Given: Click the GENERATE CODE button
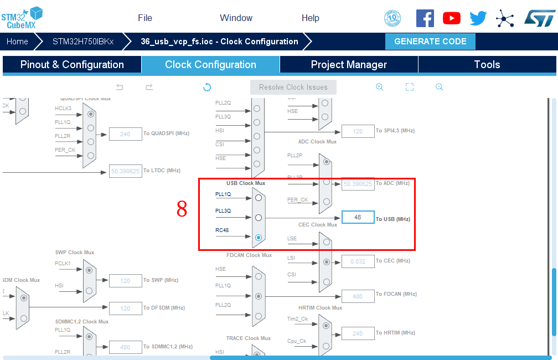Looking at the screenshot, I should click(x=430, y=42).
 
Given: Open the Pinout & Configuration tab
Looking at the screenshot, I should click(x=72, y=65).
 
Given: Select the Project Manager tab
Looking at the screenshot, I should click(x=349, y=65).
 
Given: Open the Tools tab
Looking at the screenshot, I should click(x=487, y=65).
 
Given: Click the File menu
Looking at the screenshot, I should click(x=145, y=18).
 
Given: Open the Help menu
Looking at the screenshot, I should click(x=310, y=18).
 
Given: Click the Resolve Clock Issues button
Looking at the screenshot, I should click(x=293, y=87).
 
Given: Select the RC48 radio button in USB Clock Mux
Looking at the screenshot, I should click(x=259, y=238).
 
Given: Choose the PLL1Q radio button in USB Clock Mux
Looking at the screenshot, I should click(x=259, y=198).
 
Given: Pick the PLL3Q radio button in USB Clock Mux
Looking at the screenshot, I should click(x=259, y=218).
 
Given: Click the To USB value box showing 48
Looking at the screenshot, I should click(x=358, y=217).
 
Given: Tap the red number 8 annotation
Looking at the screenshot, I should click(x=182, y=209).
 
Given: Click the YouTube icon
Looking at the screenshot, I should click(x=452, y=18).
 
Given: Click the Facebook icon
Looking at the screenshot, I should click(x=425, y=18).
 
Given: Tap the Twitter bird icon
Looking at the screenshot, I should click(x=478, y=18).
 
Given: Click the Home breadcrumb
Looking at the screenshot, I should click(x=17, y=42).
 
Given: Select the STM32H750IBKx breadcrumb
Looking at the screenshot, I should click(x=83, y=42).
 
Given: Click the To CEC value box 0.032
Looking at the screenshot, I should click(x=358, y=261).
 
